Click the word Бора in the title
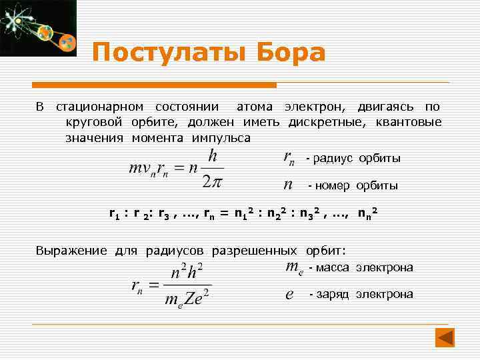pyautogui.click(x=290, y=52)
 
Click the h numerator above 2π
pyautogui.click(x=213, y=156)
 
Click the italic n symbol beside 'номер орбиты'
pyautogui.click(x=288, y=184)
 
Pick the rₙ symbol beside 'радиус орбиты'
pyautogui.click(x=289, y=159)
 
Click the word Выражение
pyautogui.click(x=71, y=251)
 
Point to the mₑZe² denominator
pyautogui.click(x=188, y=299)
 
